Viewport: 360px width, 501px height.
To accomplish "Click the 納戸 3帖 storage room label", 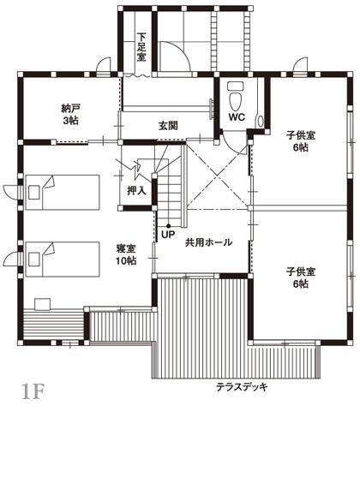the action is point(69,115).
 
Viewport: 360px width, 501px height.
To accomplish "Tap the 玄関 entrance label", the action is point(169,126).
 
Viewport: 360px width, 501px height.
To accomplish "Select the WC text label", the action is point(237,117).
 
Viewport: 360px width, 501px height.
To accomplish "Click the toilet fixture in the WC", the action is point(236,96).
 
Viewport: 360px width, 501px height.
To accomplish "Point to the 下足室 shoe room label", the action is point(141,47).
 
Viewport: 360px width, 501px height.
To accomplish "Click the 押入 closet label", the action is point(137,191).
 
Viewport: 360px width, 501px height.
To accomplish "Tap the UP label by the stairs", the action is point(168,235).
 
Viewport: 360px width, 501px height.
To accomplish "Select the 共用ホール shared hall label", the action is point(208,242).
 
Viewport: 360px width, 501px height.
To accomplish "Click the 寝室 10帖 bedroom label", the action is point(126,254).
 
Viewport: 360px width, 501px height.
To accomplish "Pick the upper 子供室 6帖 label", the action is point(301,141).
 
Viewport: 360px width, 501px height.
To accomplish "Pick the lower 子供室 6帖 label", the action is point(301,277).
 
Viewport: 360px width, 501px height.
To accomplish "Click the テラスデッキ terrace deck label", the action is point(242,387).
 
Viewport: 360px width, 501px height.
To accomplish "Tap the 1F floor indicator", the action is point(32,392).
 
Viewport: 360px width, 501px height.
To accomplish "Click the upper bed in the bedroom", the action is point(63,193).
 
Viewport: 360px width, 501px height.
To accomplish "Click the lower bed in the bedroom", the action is point(63,259).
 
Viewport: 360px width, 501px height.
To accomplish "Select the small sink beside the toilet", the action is point(261,121).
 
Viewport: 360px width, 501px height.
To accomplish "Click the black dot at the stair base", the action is point(168,226).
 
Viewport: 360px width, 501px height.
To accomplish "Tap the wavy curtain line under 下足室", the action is point(137,76).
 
